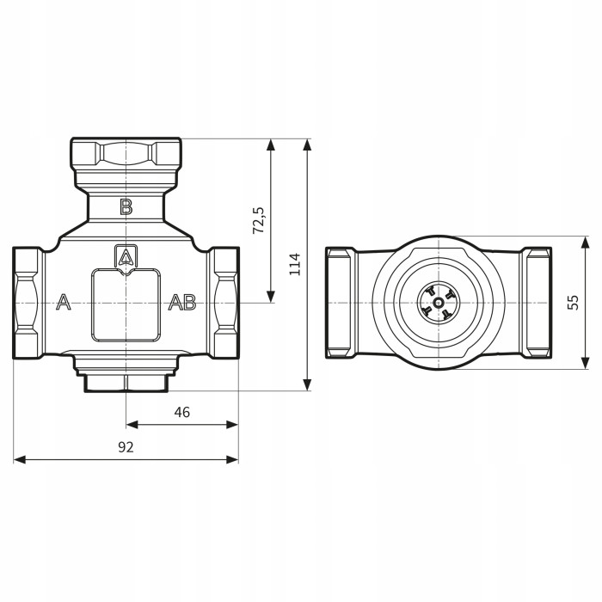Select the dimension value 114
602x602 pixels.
(x=295, y=263)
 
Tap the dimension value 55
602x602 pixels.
(x=574, y=303)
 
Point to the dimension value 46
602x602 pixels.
(x=181, y=412)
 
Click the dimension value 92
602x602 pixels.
(x=126, y=447)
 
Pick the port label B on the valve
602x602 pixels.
(x=126, y=206)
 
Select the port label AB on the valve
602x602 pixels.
(x=181, y=302)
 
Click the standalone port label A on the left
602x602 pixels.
(x=63, y=302)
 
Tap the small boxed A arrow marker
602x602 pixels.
(x=126, y=257)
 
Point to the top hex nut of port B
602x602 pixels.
(x=126, y=154)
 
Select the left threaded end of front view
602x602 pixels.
(x=28, y=302)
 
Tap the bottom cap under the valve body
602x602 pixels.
(x=126, y=380)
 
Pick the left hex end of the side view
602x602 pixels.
(x=341, y=302)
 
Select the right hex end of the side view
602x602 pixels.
(x=537, y=302)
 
